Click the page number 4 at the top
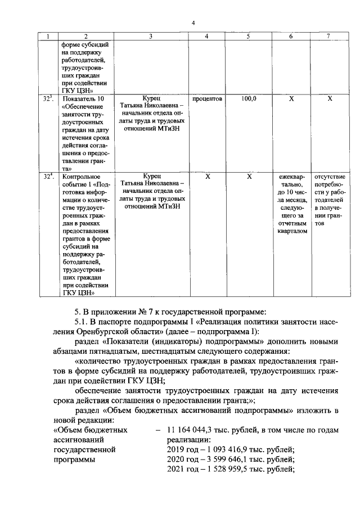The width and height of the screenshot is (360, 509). (x=193, y=23)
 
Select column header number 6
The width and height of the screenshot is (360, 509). (x=291, y=36)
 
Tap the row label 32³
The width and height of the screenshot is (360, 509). (x=48, y=98)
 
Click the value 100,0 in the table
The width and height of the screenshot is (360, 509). (x=249, y=98)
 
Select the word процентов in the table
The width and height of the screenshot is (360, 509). (x=208, y=98)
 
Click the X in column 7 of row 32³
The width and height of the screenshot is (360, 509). (x=330, y=98)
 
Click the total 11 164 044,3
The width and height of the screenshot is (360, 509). (x=189, y=430)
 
